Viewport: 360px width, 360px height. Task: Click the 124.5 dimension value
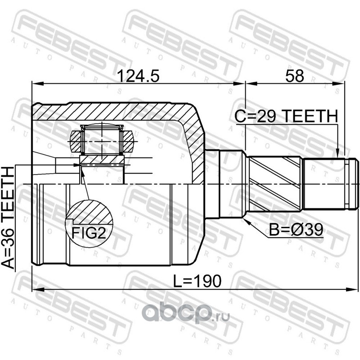138,76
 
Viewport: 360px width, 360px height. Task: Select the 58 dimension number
295,76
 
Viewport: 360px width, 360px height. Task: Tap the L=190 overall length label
197,281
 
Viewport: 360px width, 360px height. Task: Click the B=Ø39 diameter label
296,229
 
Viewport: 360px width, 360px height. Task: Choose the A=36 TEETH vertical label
8,218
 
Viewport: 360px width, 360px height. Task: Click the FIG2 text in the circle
89,233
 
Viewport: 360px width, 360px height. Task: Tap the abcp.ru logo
185,313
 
